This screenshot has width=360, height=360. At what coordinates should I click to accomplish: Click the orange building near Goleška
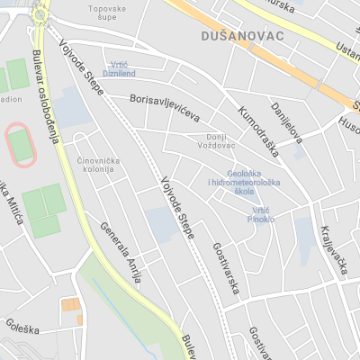(x=70, y=306)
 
